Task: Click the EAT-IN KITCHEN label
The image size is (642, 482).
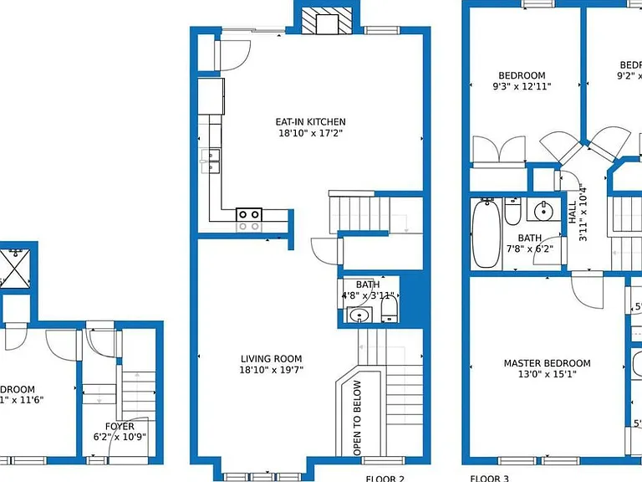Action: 310,121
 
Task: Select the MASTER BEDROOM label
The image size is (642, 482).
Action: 547,363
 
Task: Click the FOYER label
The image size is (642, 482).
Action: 119,426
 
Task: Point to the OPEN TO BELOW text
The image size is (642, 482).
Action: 358,418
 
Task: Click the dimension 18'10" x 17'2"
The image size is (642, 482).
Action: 310,133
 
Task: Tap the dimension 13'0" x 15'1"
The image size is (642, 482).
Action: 547,374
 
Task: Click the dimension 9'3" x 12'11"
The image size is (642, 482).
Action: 522,86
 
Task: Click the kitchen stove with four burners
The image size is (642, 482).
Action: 248,219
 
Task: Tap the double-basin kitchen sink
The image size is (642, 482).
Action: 210,160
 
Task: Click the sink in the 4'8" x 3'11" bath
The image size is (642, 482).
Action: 360,315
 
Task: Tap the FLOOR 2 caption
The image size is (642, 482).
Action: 385,479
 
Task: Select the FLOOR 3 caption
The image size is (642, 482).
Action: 489,479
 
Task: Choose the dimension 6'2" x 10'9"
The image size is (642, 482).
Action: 119,437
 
